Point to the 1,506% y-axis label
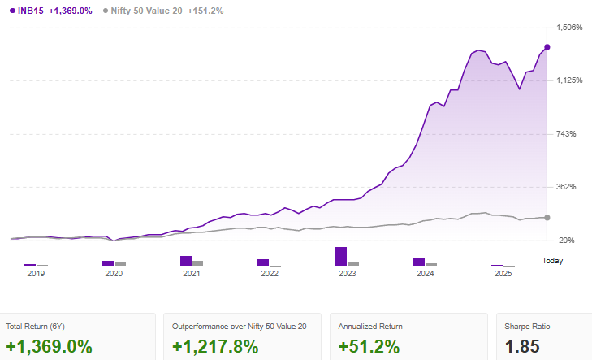click(572, 28)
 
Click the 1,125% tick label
click(572, 80)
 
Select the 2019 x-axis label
click(36, 274)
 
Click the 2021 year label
click(192, 274)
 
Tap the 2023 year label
click(348, 274)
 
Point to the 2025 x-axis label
click(503, 274)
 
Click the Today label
click(552, 261)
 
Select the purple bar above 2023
click(341, 256)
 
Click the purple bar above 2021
click(186, 261)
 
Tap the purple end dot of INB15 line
click(547, 47)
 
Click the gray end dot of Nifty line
click(547, 217)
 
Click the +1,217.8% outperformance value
click(215, 346)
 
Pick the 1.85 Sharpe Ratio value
click(522, 346)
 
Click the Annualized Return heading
click(370, 326)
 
